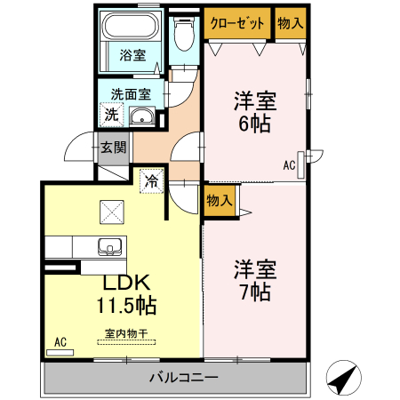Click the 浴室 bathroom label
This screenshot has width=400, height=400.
point(133,54)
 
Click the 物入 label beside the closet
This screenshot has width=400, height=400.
point(290,23)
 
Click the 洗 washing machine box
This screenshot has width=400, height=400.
point(111,114)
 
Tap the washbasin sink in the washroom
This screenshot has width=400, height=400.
point(141,116)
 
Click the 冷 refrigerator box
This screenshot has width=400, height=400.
point(151,181)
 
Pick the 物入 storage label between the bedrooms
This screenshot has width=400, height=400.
point(219,202)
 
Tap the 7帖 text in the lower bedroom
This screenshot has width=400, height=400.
point(254,291)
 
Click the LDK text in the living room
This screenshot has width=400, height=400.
point(126,284)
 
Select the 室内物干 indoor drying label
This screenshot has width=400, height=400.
point(125,333)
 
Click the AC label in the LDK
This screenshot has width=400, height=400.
point(60,341)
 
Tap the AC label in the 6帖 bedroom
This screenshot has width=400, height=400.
point(290,164)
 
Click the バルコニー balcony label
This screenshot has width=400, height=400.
point(183,378)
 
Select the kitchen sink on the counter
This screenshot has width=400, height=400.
point(111,246)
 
